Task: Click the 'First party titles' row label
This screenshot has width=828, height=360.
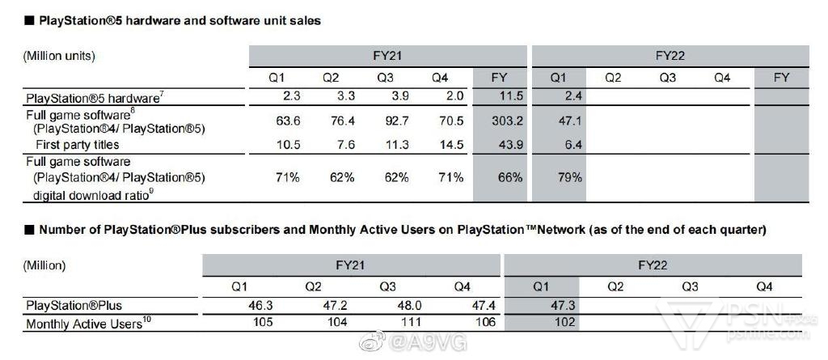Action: point(78,145)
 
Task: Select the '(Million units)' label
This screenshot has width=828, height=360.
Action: point(60,57)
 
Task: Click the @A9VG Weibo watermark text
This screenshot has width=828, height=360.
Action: point(420,343)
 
